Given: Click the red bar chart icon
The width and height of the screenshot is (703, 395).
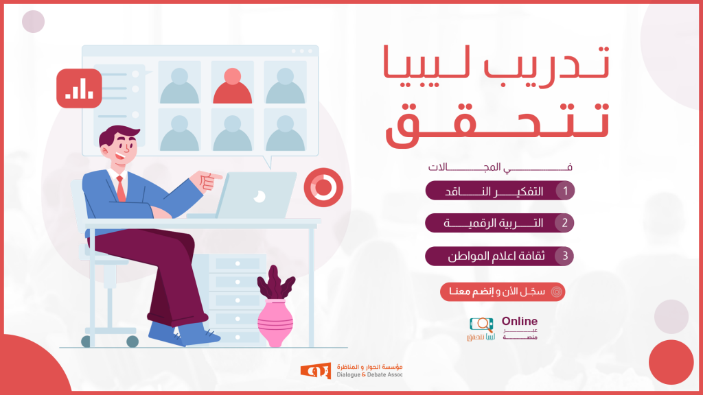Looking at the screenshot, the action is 79,88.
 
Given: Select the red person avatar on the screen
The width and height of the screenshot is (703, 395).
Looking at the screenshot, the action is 232,86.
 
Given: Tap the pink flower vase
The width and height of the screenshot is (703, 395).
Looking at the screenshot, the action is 275,322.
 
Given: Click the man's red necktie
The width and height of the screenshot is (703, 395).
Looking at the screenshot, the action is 121,189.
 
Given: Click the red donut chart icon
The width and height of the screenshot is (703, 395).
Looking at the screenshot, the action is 323,187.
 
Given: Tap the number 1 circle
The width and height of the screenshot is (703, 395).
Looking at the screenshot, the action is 565,191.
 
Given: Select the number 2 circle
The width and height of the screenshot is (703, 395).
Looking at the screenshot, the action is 564,223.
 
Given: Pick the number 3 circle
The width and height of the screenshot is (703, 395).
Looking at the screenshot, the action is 564,256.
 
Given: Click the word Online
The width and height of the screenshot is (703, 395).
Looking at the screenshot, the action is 519,321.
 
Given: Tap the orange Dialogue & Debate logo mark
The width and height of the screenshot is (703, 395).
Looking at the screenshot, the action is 316,371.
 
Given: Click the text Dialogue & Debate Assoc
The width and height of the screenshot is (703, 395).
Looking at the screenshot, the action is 369,374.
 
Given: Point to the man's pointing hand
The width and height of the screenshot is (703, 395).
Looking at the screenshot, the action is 207,180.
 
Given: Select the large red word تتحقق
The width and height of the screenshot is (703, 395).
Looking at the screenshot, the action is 497,125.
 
